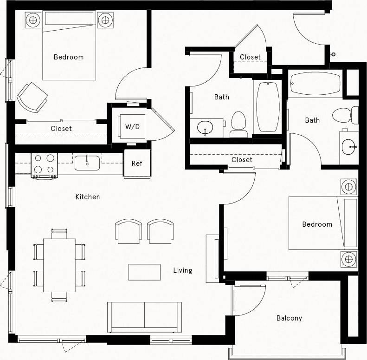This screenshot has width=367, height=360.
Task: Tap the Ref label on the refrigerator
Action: tap(137, 164)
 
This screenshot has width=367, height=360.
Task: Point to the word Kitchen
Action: tap(88, 197)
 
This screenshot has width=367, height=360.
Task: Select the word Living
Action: tap(182, 270)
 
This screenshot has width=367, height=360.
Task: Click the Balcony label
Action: tap(289, 318)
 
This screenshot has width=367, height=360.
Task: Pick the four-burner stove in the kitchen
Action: tap(44, 164)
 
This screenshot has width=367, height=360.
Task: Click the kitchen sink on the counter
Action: tap(87, 163)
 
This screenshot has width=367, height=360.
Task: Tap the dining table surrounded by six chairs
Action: tap(59, 265)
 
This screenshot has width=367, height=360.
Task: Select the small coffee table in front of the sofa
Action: tap(144, 272)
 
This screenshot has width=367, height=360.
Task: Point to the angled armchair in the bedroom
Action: tap(32, 97)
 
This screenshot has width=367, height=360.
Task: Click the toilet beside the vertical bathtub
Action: tap(239, 124)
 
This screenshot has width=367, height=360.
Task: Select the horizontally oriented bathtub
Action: tap(315, 84)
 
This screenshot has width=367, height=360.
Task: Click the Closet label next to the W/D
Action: tap(61, 129)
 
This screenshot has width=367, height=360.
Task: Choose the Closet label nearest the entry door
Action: tap(250, 57)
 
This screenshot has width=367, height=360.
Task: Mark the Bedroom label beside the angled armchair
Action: tap(69, 57)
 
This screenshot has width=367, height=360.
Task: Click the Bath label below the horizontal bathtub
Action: tap(312, 120)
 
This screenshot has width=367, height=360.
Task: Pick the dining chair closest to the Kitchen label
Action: tap(59, 233)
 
